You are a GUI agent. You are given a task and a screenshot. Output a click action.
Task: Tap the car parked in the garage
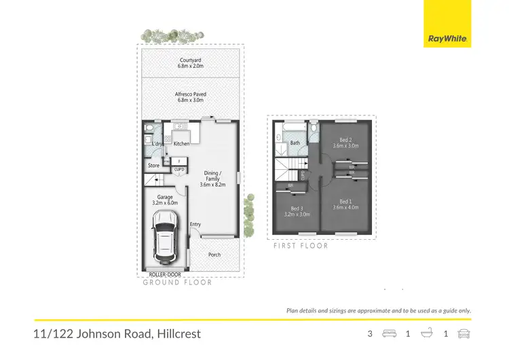[165, 239]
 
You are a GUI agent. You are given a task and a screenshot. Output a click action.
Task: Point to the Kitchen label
[181, 143]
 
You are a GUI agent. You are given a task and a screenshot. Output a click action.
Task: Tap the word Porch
[214, 255]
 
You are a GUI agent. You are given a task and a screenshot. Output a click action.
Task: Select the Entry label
[195, 225]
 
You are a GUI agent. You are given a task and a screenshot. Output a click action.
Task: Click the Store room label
[153, 165]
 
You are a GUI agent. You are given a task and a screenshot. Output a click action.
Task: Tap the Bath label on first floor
[295, 143]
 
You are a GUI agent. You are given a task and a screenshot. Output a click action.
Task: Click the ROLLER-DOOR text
[164, 276]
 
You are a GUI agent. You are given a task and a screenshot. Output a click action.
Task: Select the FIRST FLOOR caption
[301, 246]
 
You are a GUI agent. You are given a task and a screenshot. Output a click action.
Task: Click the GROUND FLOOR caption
[177, 283]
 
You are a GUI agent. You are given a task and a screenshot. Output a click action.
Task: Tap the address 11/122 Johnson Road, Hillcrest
[117, 334]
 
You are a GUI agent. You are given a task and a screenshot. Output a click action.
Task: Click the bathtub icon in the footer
[427, 334]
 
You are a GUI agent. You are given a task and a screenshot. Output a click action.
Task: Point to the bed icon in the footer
[389, 334]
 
